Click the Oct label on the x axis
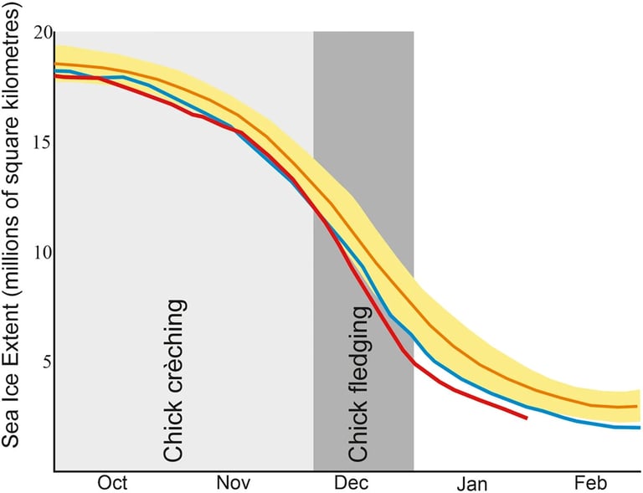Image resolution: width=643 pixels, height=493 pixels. click(x=112, y=483)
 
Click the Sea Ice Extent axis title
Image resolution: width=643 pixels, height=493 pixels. click(x=14, y=251)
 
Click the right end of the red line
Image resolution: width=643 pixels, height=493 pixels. click(x=527, y=417)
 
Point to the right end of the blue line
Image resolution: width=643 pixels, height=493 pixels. click(x=640, y=428)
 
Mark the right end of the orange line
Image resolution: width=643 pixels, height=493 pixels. click(x=637, y=406)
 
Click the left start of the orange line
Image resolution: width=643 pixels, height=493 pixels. click(x=55, y=64)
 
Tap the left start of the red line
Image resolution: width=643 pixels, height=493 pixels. click(x=55, y=76)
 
